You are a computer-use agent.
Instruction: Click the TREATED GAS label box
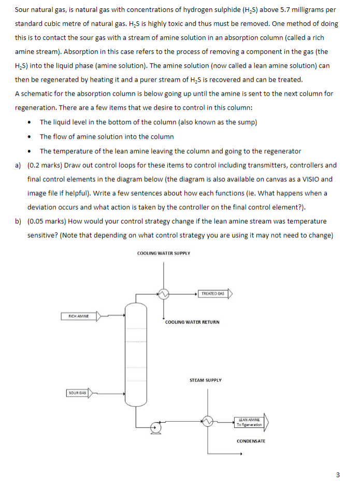coord(213,294)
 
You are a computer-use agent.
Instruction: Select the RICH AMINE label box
coord(79,316)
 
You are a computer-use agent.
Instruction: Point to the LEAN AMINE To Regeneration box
coord(249,422)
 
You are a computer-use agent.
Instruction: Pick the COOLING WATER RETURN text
coord(192,322)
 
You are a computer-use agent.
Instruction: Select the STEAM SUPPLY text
coord(206,380)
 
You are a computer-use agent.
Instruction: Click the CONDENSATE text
coord(251,441)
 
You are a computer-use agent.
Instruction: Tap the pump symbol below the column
coord(155,427)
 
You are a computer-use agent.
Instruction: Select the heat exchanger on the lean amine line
coord(208,422)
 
